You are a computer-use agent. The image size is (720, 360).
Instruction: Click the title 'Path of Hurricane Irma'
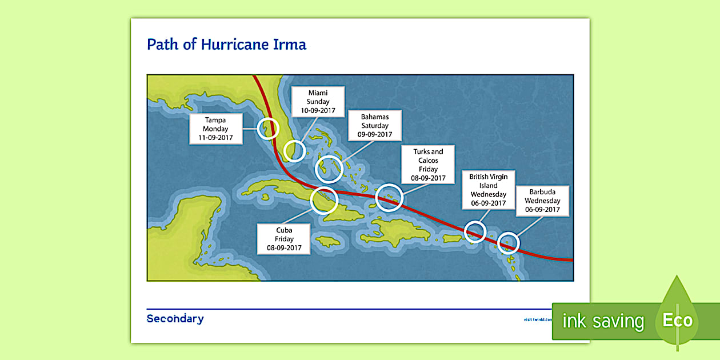click(x=226, y=45)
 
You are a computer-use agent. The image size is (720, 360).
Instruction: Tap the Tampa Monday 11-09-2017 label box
click(x=215, y=129)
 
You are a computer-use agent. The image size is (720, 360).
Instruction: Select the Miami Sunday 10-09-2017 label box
click(x=318, y=102)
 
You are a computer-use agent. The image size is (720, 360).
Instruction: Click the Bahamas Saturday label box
click(x=374, y=126)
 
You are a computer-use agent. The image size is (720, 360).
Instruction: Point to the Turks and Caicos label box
click(x=428, y=165)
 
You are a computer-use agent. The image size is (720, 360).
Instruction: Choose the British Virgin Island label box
click(x=488, y=190)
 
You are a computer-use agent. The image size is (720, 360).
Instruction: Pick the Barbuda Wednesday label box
click(x=542, y=201)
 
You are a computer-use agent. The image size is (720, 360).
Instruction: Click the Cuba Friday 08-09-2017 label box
click(x=284, y=239)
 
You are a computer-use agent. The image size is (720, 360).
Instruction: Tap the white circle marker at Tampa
click(x=267, y=129)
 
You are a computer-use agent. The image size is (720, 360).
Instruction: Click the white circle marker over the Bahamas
click(x=329, y=168)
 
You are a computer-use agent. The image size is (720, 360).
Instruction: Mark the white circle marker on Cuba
click(x=324, y=201)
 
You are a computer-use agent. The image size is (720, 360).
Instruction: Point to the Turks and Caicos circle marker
click(x=389, y=197)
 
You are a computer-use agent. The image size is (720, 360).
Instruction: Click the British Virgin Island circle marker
click(x=475, y=232)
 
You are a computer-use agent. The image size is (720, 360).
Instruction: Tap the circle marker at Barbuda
click(x=508, y=243)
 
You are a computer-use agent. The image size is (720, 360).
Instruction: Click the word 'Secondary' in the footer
click(x=175, y=319)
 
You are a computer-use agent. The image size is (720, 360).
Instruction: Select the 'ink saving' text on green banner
click(x=603, y=321)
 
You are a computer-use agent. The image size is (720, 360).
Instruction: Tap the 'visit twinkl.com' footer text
click(x=537, y=319)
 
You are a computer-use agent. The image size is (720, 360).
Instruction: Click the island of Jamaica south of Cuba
click(x=328, y=242)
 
